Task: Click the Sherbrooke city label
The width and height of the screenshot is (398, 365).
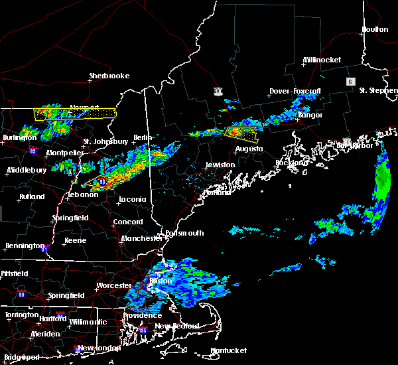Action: coord(109,76)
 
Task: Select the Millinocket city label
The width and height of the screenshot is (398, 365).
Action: coord(322,60)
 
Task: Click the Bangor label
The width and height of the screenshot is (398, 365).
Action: coord(310,115)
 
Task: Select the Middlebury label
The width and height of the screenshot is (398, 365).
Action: coord(27,170)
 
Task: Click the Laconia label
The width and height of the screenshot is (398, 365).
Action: coord(131,200)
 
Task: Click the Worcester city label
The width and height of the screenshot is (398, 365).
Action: coord(114,285)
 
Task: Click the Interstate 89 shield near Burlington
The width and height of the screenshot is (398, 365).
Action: coord(33,151)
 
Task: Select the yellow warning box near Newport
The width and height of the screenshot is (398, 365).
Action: coord(74,113)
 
